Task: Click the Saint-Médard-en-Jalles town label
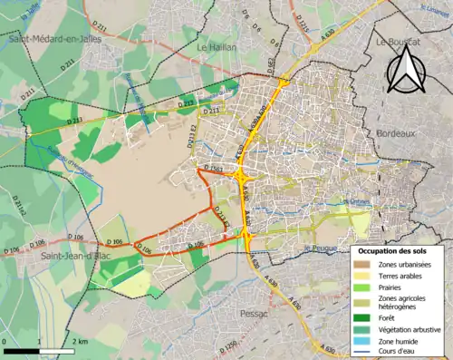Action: (46, 39)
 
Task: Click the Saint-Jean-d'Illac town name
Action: (42, 257)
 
